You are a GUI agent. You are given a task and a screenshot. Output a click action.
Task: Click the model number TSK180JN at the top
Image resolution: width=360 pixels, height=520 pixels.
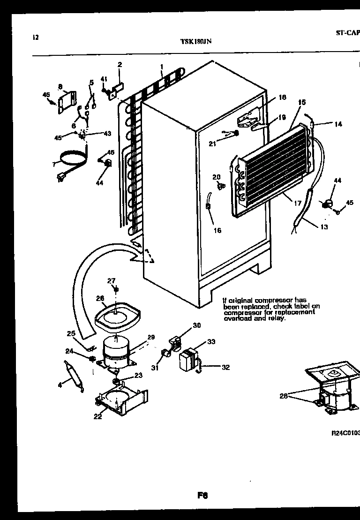tap(196, 41)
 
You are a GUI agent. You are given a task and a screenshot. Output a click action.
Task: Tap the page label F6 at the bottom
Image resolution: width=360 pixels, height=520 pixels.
tap(202, 495)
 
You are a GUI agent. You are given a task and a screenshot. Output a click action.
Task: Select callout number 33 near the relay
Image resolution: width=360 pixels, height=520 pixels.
tap(211, 342)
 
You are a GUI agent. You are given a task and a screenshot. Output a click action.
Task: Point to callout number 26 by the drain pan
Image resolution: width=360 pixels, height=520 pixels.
tap(100, 297)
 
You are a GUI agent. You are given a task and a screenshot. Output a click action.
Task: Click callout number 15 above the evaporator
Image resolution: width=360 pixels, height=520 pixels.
tap(301, 102)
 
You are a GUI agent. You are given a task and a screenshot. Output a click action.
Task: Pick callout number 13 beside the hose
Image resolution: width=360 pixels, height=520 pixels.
tap(324, 227)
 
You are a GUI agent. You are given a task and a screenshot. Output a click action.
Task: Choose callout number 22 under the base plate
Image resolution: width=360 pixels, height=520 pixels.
tap(97, 416)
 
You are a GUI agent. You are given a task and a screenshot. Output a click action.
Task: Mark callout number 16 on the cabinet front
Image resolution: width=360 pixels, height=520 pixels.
tap(217, 230)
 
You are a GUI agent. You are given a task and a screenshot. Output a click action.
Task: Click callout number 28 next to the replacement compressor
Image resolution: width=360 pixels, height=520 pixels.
tap(283, 395)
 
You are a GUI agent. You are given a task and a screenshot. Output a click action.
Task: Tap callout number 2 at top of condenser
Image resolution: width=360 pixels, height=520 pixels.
tap(120, 65)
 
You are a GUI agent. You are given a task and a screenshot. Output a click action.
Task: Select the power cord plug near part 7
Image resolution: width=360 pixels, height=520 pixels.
tap(60, 177)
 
